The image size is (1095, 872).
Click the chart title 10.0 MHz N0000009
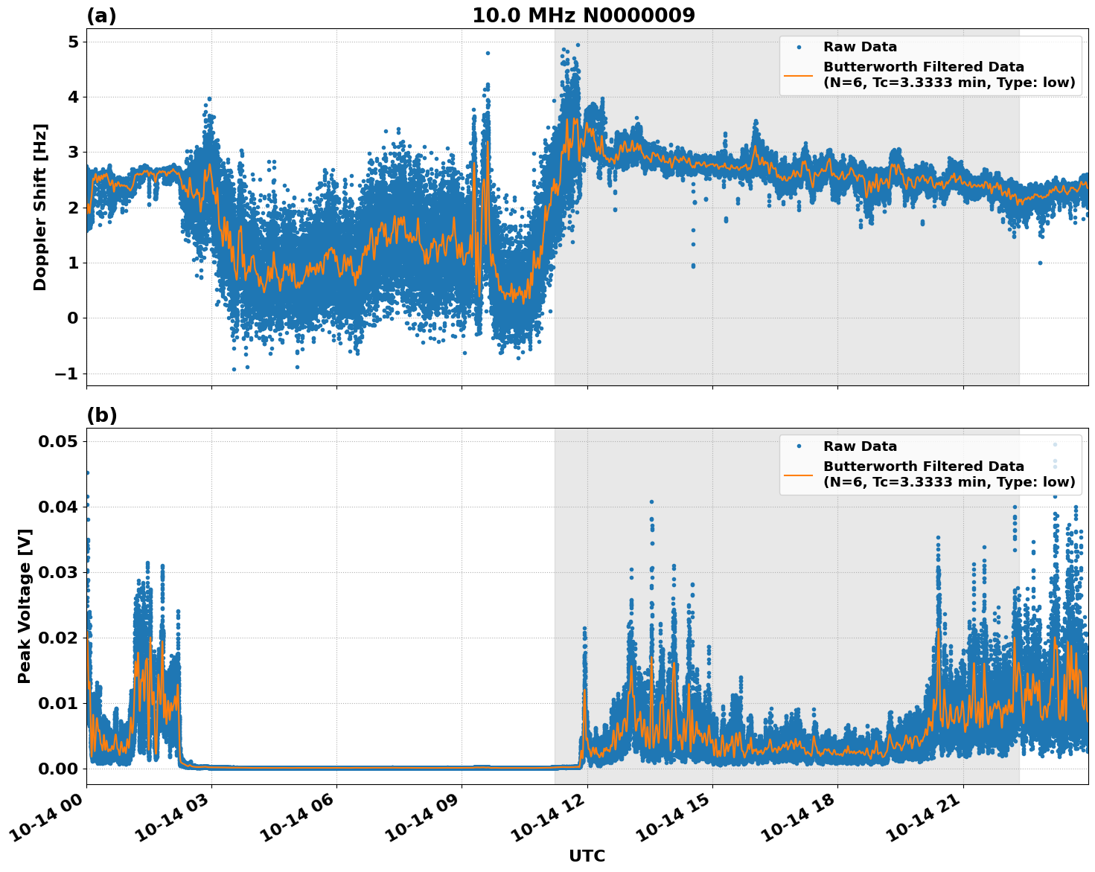point(583,16)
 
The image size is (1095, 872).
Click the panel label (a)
point(101,16)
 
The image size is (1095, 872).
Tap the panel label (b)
point(101,415)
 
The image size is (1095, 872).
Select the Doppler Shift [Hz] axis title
point(40,207)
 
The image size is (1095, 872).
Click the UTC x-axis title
point(587,856)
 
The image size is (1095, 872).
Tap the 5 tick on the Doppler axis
point(73,42)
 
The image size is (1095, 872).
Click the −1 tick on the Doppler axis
point(66,374)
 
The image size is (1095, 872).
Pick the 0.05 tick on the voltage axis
point(57,442)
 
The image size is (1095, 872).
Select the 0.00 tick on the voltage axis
point(57,769)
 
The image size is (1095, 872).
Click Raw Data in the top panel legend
point(860,47)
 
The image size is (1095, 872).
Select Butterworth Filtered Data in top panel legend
point(923,67)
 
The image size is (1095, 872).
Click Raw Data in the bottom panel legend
point(860,446)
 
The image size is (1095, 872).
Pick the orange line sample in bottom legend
point(798,475)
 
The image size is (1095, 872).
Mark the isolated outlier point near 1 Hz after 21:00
point(1040,263)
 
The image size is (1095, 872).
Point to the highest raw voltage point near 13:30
point(651,502)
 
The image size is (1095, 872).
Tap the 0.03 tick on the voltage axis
point(57,572)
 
